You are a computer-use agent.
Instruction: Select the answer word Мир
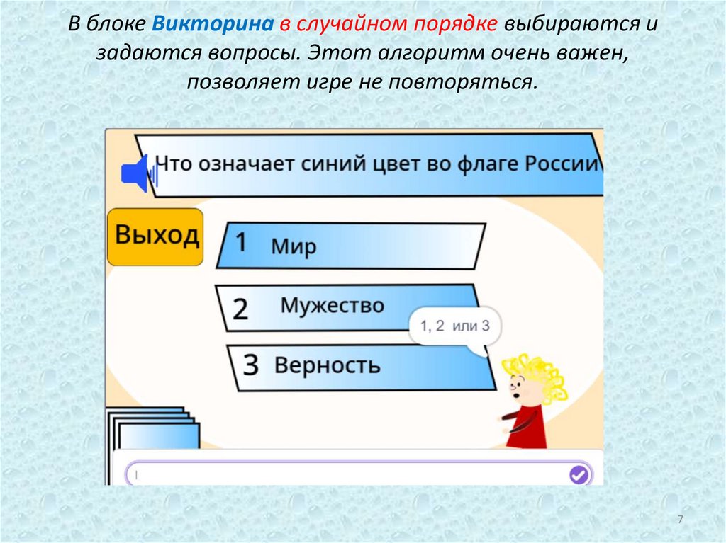[x=293, y=247]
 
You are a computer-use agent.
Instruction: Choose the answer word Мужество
[x=333, y=306]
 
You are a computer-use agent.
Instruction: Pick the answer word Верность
[x=327, y=365]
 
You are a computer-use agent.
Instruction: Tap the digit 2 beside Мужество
[x=240, y=309]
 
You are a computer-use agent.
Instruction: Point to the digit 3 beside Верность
[x=250, y=364]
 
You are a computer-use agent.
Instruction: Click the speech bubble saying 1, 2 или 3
[x=454, y=326]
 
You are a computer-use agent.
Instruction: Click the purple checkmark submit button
[x=579, y=474]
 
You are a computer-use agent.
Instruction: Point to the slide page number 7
[x=680, y=520]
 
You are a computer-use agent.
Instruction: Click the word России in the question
[x=562, y=164]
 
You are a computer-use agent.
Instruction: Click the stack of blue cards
[x=152, y=432]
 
